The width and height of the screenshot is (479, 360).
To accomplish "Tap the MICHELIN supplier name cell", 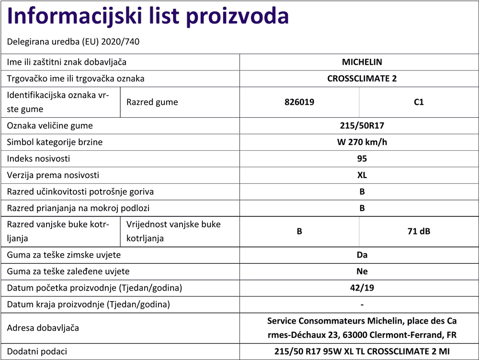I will (x=362, y=62).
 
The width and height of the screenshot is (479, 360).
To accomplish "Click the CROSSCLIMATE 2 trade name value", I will (x=362, y=79).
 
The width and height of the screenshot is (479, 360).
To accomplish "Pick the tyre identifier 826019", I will (x=299, y=102).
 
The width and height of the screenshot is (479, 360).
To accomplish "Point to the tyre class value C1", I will (x=419, y=102).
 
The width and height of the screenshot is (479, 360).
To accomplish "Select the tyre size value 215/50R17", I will (x=362, y=126).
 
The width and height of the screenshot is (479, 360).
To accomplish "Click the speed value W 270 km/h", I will (x=362, y=142).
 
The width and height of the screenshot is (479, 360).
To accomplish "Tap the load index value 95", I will (x=362, y=158).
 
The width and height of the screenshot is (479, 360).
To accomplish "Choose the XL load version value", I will (x=362, y=175).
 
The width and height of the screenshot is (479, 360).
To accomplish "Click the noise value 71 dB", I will (x=419, y=231).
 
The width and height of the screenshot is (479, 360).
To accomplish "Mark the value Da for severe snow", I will (x=362, y=255).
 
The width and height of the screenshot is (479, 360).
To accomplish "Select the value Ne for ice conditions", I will (x=362, y=271).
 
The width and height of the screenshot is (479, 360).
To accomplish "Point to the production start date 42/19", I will (x=362, y=288).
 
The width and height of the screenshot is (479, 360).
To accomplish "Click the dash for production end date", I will (x=362, y=304).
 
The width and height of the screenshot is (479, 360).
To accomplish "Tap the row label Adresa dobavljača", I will (x=43, y=328).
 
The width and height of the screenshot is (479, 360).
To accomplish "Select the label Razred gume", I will (x=152, y=102).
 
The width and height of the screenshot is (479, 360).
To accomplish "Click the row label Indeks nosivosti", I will (x=38, y=158).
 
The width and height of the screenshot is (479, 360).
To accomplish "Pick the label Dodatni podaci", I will (x=37, y=351).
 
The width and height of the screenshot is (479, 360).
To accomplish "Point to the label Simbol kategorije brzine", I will (x=55, y=142).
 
